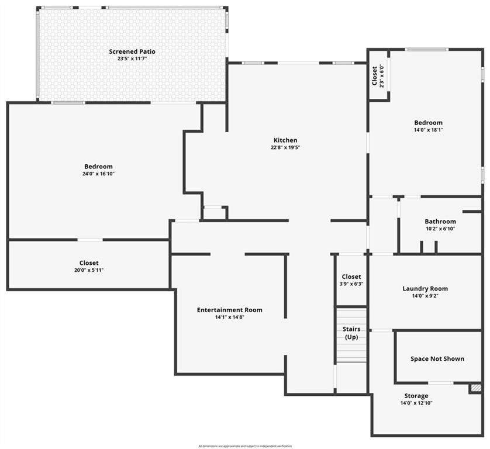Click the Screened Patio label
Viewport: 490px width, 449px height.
[132, 51]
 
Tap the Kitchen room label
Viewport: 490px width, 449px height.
[285, 140]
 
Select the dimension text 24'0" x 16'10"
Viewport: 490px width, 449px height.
[98, 174]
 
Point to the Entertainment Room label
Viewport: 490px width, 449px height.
[229, 310]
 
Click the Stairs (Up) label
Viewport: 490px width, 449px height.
[351, 333]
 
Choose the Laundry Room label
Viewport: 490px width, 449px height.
[425, 289]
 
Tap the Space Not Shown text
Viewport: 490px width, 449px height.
[437, 358]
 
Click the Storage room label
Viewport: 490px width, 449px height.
[416, 396]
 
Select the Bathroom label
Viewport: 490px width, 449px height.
[440, 222]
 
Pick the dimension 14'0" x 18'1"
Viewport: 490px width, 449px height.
[429, 130]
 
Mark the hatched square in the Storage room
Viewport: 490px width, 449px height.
[476, 388]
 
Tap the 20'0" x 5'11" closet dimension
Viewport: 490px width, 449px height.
[89, 270]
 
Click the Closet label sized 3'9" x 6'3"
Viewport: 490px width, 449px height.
[351, 277]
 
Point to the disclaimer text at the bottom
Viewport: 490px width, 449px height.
[245, 446]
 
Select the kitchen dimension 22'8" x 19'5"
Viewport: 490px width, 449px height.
[285, 148]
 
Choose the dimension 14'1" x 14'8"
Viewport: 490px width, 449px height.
[229, 317]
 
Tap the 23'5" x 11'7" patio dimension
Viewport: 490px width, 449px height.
[132, 58]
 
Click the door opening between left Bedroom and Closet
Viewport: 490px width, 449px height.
[89, 239]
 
